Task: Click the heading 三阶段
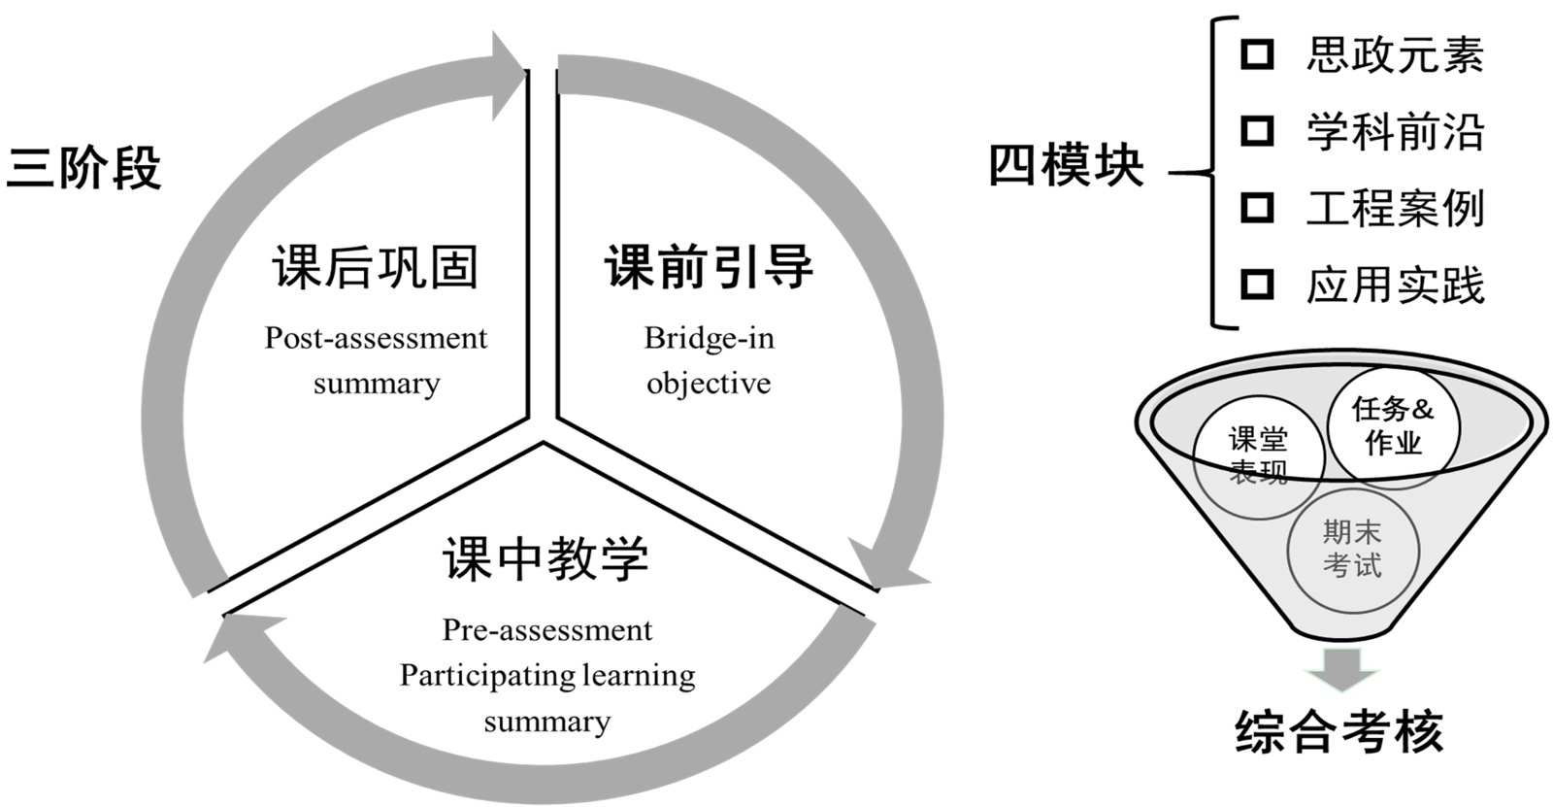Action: pyautogui.click(x=83, y=168)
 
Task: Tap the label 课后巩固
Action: pyautogui.click(x=376, y=267)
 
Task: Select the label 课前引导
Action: pyautogui.click(x=709, y=267)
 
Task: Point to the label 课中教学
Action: pyautogui.click(x=545, y=559)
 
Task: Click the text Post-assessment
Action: pyautogui.click(x=376, y=338)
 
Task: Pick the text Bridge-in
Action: pyautogui.click(x=709, y=338)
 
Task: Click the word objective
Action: pyautogui.click(x=709, y=384)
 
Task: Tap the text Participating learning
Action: pyautogui.click(x=547, y=675)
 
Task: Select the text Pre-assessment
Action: pyautogui.click(x=547, y=630)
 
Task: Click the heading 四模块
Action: pyautogui.click(x=1066, y=165)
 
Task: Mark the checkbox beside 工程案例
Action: pyautogui.click(x=1257, y=207)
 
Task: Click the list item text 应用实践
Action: pyautogui.click(x=1395, y=286)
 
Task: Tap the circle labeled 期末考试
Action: pyautogui.click(x=1352, y=549)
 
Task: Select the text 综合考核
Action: pyautogui.click(x=1339, y=731)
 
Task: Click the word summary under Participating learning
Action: pyautogui.click(x=547, y=722)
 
